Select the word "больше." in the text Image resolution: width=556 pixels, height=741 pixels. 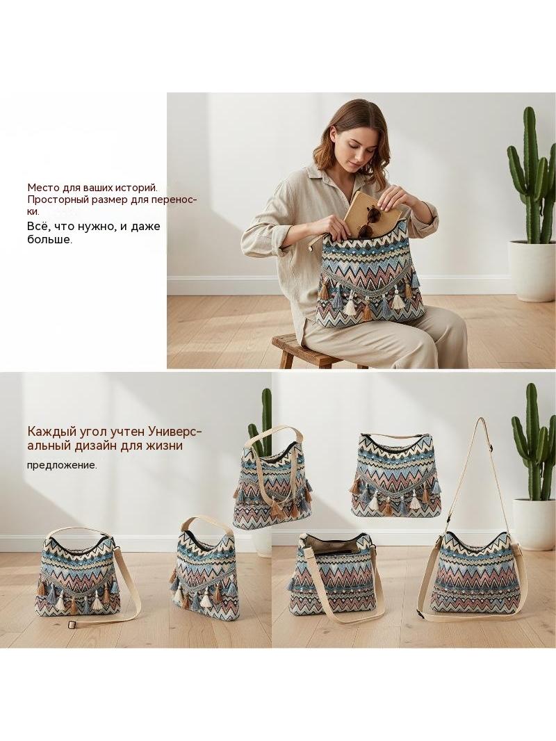pos(49,240)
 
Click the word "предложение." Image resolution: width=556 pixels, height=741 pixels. pos(62,466)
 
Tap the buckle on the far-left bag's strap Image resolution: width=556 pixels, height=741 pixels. pos(73,625)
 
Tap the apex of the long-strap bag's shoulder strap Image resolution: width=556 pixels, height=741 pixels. pos(480,419)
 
